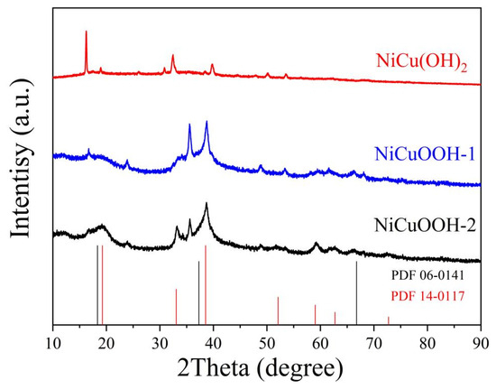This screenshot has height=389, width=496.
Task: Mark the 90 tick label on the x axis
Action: click(480, 343)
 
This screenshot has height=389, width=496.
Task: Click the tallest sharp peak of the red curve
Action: click(86, 32)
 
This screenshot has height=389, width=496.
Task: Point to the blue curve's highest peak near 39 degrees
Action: click(207, 123)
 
